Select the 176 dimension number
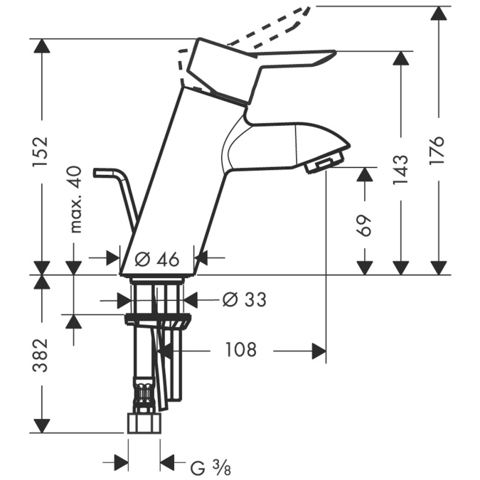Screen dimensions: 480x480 coord(437,150)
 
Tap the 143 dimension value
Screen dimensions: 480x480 coord(401,170)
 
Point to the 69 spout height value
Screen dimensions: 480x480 coord(364,225)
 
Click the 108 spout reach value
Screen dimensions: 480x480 coord(240,350)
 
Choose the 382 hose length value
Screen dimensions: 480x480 coord(41,355)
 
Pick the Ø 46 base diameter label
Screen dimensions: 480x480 coord(156,260)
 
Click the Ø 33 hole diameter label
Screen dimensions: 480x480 coord(245,299)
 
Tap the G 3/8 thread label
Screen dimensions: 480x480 coord(211,467)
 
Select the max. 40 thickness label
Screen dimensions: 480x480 coord(75,199)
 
